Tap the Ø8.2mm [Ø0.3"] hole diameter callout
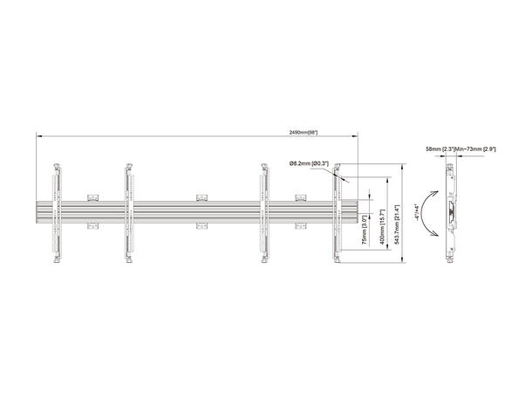tap(306, 162)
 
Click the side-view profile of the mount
tap(452, 212)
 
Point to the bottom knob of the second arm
tap(129, 261)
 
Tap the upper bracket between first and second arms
tap(93, 196)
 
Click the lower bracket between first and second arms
tap(93, 228)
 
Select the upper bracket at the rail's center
tap(201, 196)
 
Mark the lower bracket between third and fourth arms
tap(302, 228)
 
